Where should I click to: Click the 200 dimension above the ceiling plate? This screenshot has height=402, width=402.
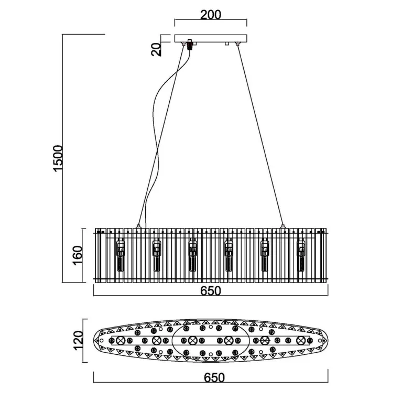(211, 15)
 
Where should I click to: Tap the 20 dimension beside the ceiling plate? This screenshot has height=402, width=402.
(156, 49)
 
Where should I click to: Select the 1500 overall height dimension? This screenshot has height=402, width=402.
(58, 158)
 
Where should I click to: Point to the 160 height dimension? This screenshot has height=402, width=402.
(78, 256)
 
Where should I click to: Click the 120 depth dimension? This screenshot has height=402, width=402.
(78, 340)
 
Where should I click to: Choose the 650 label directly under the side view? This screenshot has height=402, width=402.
(211, 291)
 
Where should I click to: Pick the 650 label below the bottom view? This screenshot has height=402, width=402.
(214, 378)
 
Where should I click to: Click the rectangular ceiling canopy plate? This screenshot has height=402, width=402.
(211, 38)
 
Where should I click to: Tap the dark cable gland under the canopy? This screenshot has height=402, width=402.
(190, 45)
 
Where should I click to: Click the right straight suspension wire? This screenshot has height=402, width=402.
(260, 135)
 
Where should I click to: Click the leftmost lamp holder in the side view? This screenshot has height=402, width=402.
(121, 255)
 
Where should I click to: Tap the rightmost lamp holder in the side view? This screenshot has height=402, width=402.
(301, 255)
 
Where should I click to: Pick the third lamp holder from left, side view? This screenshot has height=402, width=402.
(192, 255)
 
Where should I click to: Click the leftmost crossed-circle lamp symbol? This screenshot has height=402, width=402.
(120, 341)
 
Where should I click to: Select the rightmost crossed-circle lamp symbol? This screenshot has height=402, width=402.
(301, 341)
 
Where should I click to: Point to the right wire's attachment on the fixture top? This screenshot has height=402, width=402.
(283, 226)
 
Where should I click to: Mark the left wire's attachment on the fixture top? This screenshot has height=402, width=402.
(138, 226)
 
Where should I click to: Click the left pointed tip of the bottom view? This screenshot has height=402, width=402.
(94, 341)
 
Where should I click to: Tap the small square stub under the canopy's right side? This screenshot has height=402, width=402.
(226, 44)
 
